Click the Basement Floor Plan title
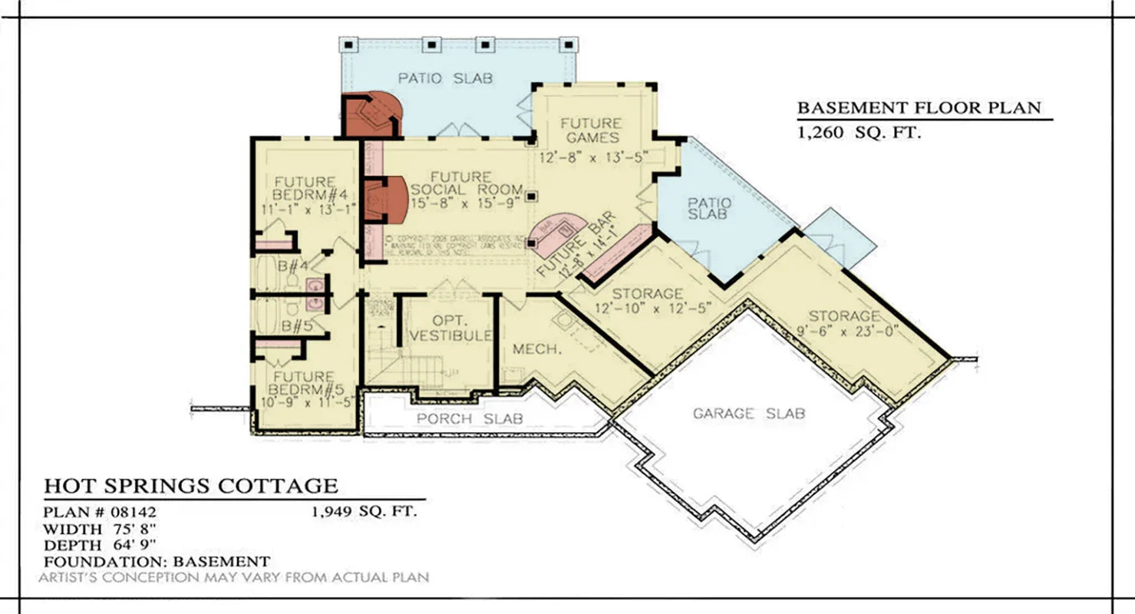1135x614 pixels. pos(919,108)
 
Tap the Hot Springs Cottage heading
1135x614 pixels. pos(190,486)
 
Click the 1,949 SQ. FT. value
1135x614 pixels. pos(364,512)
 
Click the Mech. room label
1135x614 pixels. pos(529,348)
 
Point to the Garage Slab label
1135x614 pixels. pos(749,414)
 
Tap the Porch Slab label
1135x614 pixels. pos(470,418)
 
